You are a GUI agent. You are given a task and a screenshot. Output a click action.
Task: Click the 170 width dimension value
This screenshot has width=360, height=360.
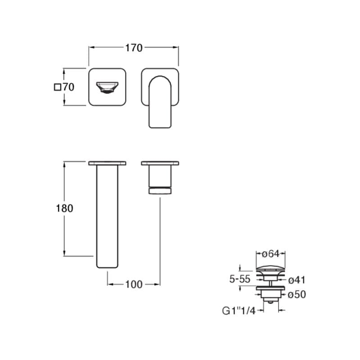coord(134,48)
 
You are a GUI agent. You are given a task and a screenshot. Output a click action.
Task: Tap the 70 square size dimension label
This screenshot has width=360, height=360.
coord(68,87)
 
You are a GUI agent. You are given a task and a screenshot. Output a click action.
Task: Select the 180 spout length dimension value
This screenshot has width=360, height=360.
coord(64,208)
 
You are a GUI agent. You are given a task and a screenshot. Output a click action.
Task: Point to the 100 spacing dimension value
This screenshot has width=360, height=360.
coord(134,284)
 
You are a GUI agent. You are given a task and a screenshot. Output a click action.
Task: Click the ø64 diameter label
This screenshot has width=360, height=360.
coord(271,254)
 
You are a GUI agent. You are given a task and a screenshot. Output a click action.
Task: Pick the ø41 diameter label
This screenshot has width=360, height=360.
coord(297,280)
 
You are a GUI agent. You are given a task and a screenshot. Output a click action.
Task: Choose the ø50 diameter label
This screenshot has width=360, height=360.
coord(297,294)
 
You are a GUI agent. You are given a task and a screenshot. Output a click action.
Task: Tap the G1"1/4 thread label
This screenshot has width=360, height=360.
coord(239,311)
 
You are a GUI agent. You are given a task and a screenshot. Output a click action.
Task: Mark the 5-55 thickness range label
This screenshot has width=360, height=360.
coord(240,279)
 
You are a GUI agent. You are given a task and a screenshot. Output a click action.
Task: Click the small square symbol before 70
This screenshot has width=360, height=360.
coord(58,87)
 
